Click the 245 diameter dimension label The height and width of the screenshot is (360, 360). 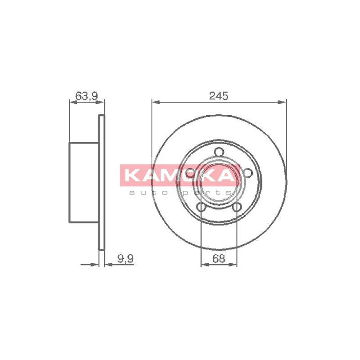point(219,95)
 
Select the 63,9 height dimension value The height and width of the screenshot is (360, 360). point(87,95)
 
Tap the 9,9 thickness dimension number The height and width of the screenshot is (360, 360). point(126,259)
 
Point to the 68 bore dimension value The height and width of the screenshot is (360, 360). point(219,259)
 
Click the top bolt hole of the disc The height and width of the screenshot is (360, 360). point(219,152)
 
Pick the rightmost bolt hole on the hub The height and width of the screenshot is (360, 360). point(247,173)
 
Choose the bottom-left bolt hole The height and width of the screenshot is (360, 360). point(201,207)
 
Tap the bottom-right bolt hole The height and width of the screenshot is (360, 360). point(237,207)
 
